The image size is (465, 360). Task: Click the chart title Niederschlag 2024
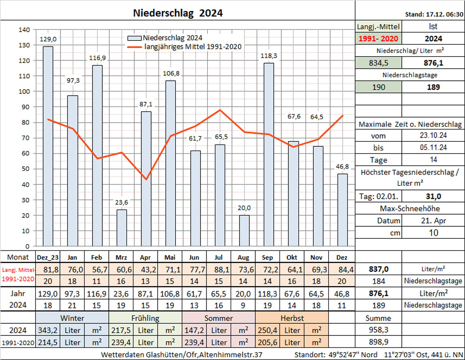[x=178, y=13]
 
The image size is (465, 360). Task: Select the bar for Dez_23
[x=48, y=146]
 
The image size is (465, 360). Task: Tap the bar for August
[x=244, y=230]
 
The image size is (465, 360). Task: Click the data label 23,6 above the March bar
[x=121, y=203]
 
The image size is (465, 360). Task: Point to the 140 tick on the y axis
[x=24, y=30]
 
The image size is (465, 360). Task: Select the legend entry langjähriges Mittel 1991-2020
[x=193, y=46]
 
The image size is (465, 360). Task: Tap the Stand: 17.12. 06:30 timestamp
[x=434, y=14]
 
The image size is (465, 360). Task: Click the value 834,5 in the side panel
[x=379, y=63]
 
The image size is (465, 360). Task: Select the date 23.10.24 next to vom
[x=433, y=136]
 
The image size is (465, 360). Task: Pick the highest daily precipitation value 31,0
[x=433, y=196]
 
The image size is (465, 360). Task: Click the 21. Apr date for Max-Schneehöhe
[x=433, y=221]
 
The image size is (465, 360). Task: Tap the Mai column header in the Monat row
[x=170, y=257]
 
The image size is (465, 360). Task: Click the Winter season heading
[x=72, y=318]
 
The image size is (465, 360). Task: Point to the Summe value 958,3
[x=379, y=330]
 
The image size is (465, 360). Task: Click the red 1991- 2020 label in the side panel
[x=379, y=39]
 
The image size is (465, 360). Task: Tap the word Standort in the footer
[x=310, y=355]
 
